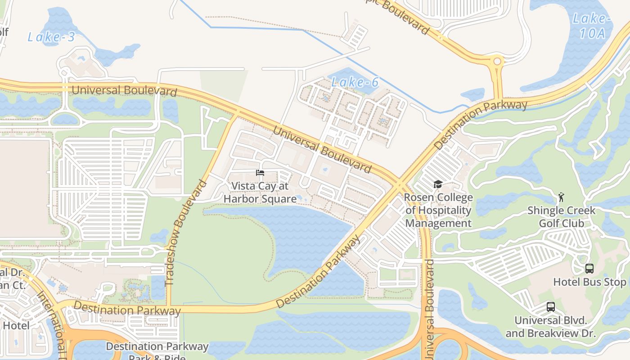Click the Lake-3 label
[51, 37]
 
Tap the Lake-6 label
[355, 82]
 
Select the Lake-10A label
[591, 26]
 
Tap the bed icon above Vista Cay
[260, 173]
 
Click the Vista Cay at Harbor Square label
[260, 192]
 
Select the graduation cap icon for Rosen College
[437, 184]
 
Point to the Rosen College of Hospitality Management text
[438, 210]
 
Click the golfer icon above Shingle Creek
[561, 197]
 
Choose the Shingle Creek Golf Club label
[561, 217]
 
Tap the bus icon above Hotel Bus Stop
[589, 269]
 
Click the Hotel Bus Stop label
[589, 282]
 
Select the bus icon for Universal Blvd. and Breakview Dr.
[550, 307]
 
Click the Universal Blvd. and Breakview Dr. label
[550, 327]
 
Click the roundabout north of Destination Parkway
[497, 61]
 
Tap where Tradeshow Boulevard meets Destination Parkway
[169, 308]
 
